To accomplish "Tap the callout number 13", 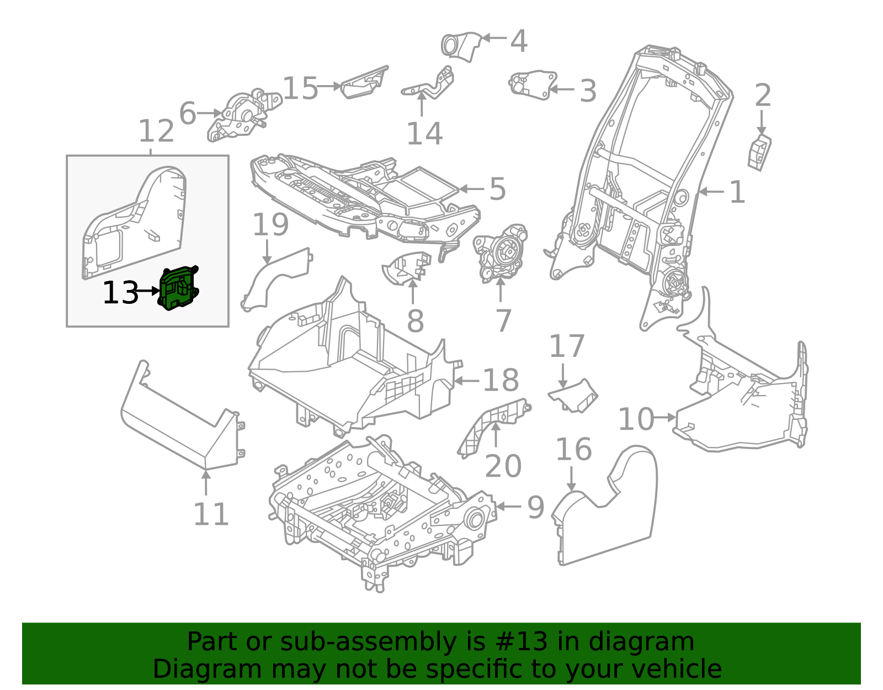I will [x=120, y=293].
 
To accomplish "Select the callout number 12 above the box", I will [x=156, y=132].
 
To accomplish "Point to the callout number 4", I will [x=518, y=41].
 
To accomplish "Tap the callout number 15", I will [x=301, y=88].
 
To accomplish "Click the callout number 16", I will [x=573, y=450].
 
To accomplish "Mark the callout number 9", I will [x=535, y=507].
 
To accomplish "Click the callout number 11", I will [x=211, y=515].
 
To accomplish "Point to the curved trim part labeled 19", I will [x=276, y=279].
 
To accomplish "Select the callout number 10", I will [x=635, y=419].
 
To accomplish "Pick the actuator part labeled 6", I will [x=243, y=115].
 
